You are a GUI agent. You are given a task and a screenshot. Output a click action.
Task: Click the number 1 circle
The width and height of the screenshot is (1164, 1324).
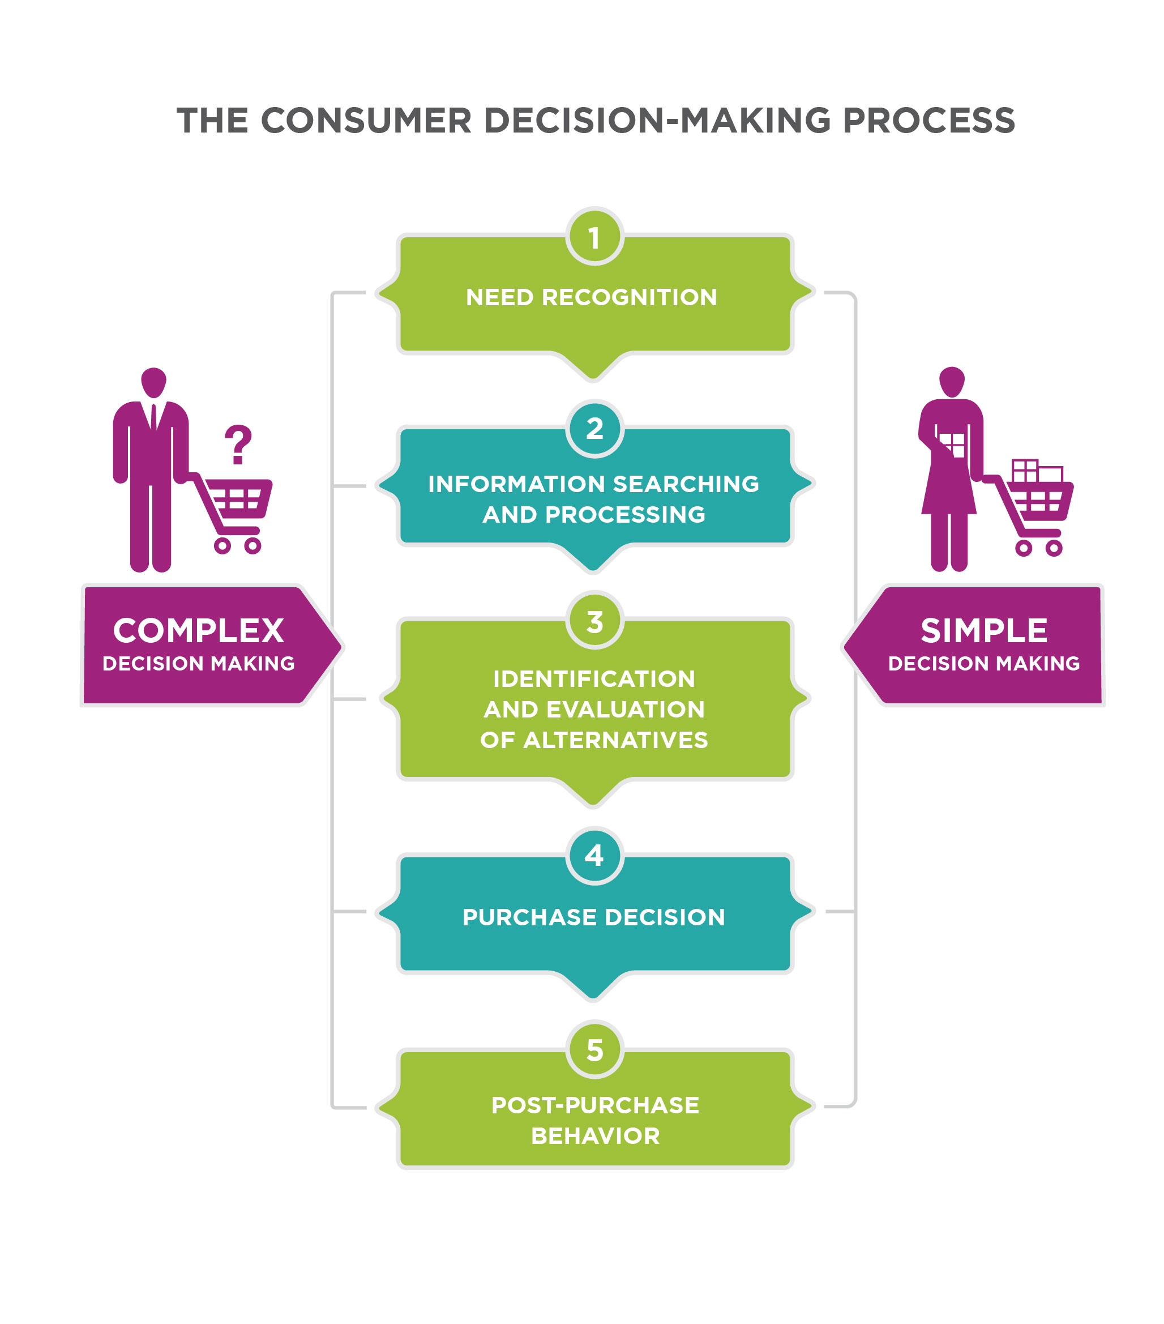click(x=594, y=237)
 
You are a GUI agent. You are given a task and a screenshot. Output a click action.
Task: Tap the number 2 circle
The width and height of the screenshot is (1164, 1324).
click(x=594, y=429)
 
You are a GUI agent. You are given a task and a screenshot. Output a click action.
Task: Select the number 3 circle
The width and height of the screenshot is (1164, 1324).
click(x=594, y=621)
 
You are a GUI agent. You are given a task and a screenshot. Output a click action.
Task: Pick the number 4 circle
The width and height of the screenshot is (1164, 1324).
click(x=594, y=856)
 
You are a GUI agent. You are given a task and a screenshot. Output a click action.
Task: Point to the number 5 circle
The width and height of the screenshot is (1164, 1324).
click(x=594, y=1049)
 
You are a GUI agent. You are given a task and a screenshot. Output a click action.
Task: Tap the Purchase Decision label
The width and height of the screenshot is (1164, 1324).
click(x=593, y=917)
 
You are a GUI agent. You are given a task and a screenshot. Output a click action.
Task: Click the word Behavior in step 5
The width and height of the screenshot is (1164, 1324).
click(x=595, y=1135)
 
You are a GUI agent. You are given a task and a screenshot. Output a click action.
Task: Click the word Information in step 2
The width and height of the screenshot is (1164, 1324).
click(x=516, y=484)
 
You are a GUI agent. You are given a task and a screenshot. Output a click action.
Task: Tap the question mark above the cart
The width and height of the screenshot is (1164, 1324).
click(x=238, y=445)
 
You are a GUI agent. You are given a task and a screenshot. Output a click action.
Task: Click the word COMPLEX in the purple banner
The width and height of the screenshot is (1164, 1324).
click(x=198, y=630)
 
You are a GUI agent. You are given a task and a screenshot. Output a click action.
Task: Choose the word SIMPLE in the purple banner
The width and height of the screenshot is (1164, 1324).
click(x=983, y=630)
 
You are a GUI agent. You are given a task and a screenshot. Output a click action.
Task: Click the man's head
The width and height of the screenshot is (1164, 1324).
click(x=153, y=382)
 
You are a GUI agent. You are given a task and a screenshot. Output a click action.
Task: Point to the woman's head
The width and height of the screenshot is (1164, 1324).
click(x=952, y=381)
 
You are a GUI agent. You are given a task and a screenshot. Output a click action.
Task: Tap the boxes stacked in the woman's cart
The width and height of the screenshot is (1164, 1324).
click(x=1037, y=471)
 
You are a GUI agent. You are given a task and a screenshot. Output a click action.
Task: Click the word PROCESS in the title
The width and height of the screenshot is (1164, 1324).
click(x=928, y=121)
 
